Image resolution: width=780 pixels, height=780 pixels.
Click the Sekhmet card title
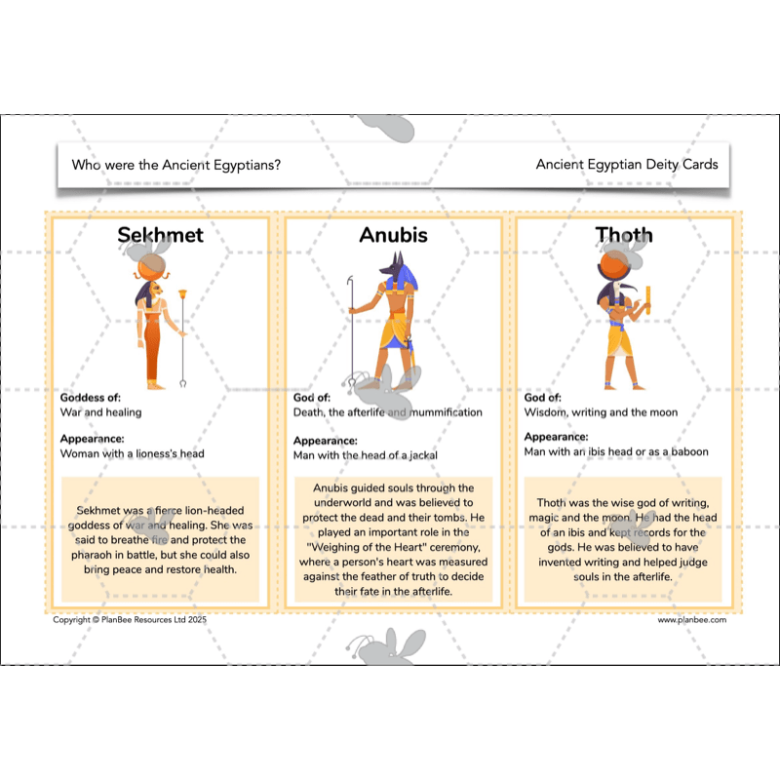[160, 235]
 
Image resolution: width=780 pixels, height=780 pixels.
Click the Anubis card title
[393, 235]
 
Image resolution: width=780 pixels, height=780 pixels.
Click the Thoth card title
[624, 235]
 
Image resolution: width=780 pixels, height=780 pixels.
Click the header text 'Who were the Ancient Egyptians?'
[176, 165]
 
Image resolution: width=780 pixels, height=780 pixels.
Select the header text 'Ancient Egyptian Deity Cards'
[626, 165]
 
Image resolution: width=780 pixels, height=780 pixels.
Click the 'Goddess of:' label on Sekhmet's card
[89, 398]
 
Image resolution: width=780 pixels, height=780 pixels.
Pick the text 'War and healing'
[100, 412]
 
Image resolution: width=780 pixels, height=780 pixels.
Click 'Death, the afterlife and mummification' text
[387, 412]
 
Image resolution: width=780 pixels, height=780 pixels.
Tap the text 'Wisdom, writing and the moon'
[601, 412]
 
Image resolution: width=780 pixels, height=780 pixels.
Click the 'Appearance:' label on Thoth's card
[556, 438]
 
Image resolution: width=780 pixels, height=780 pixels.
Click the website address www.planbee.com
[691, 619]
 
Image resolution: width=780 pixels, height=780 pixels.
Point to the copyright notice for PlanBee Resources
[130, 619]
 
